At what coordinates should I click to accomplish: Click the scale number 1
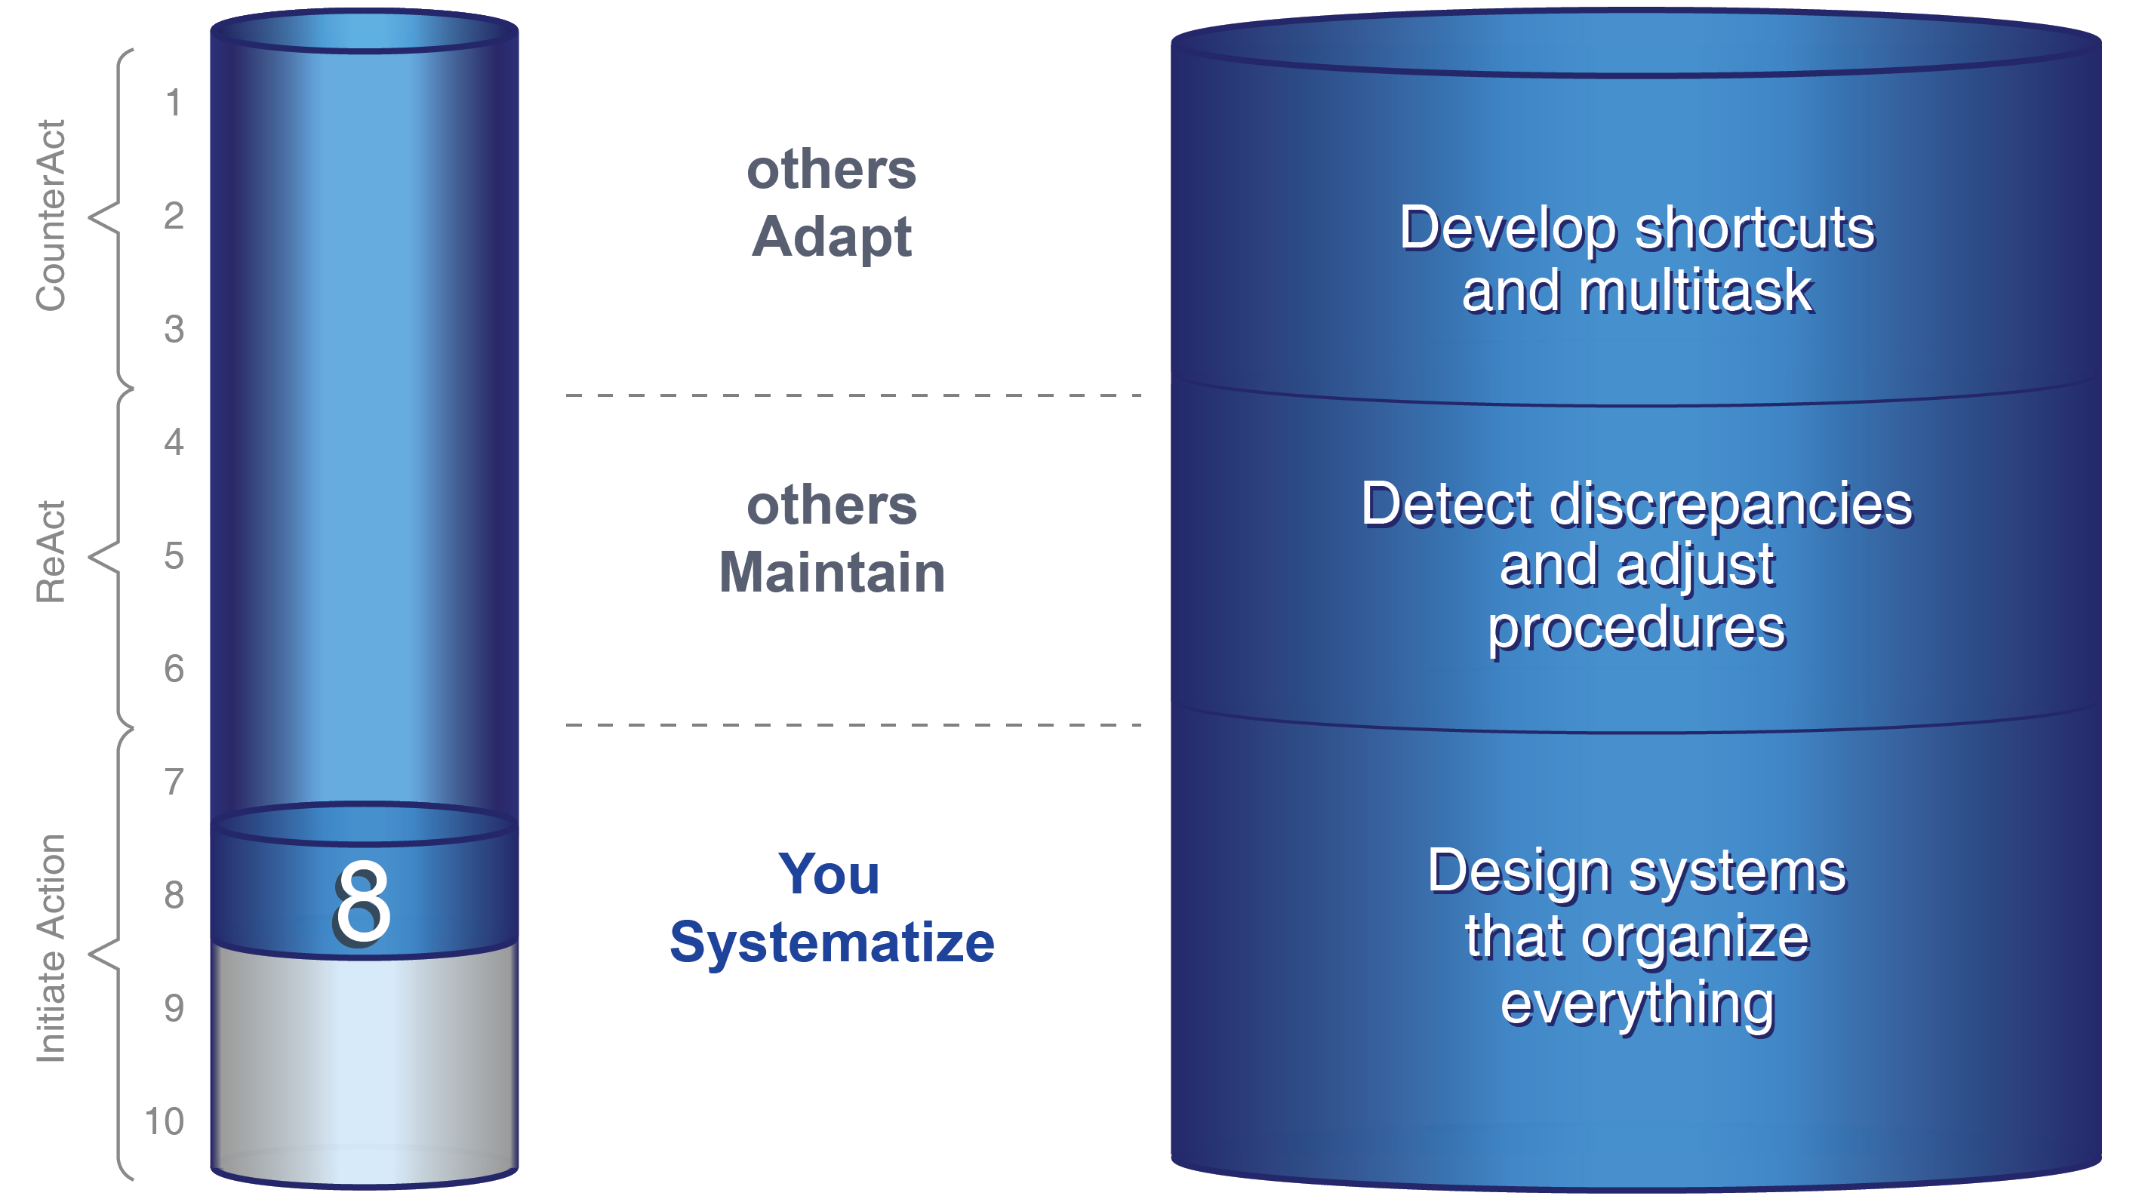173,103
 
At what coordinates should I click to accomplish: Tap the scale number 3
174,329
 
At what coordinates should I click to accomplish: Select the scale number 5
174,555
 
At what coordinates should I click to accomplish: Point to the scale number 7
174,782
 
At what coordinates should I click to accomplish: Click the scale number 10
164,1122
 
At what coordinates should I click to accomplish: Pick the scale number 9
174,1009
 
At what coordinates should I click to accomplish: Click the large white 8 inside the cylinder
362,902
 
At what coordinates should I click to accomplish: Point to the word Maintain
832,572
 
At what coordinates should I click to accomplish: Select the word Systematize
832,942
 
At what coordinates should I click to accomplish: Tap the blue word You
829,874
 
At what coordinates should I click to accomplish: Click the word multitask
1695,291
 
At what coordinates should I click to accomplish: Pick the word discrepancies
1731,504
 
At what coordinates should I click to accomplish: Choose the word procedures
1636,630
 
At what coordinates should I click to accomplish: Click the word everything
1637,1004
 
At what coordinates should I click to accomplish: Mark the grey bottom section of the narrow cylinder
364,1066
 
